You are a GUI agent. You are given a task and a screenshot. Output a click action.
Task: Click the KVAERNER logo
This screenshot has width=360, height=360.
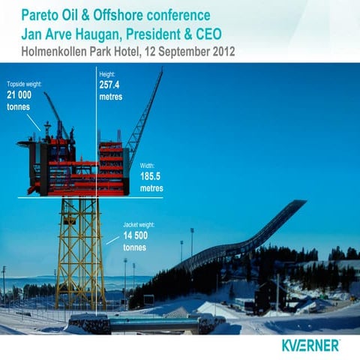point(311,346)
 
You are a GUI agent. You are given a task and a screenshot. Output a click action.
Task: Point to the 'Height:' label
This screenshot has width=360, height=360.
point(107,75)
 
